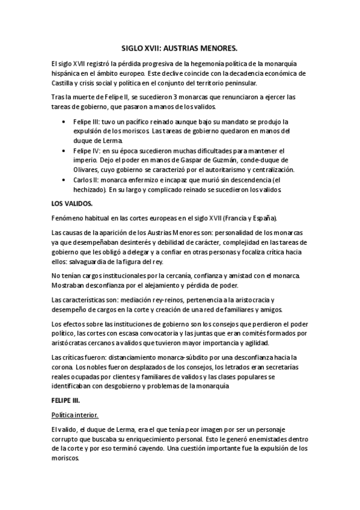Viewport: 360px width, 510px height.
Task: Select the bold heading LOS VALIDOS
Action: [x=69, y=203]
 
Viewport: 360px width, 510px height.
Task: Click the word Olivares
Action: [x=87, y=170]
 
